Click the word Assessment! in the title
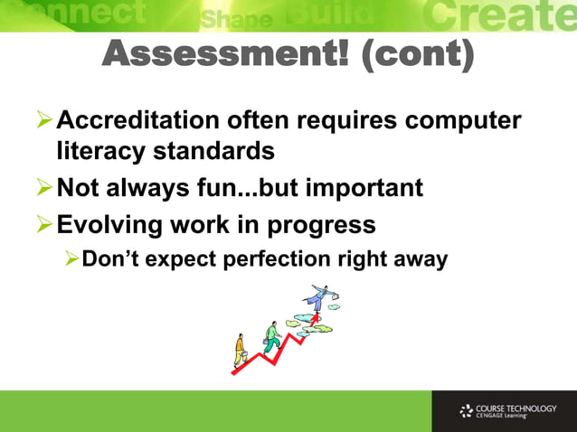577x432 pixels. (x=227, y=56)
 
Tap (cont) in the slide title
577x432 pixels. (x=417, y=56)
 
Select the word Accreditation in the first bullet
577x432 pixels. (x=141, y=120)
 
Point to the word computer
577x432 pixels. (x=460, y=120)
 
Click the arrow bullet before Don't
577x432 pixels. (x=71, y=258)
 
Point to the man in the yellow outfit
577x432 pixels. (x=240, y=350)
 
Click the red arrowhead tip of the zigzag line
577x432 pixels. (x=317, y=318)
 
